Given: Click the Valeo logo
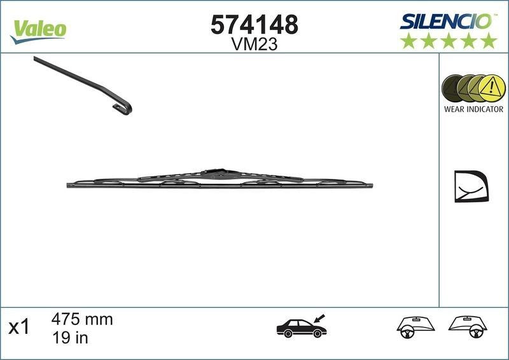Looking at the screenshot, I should coord(38,29).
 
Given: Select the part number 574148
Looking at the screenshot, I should coord(254,25).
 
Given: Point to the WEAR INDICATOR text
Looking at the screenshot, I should coord(473,109).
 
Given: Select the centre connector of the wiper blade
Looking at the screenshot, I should coord(216,172).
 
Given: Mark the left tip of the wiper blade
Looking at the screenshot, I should coord(68,185).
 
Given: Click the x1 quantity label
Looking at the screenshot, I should coord(18,328).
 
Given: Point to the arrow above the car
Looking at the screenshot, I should coord(317,315).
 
